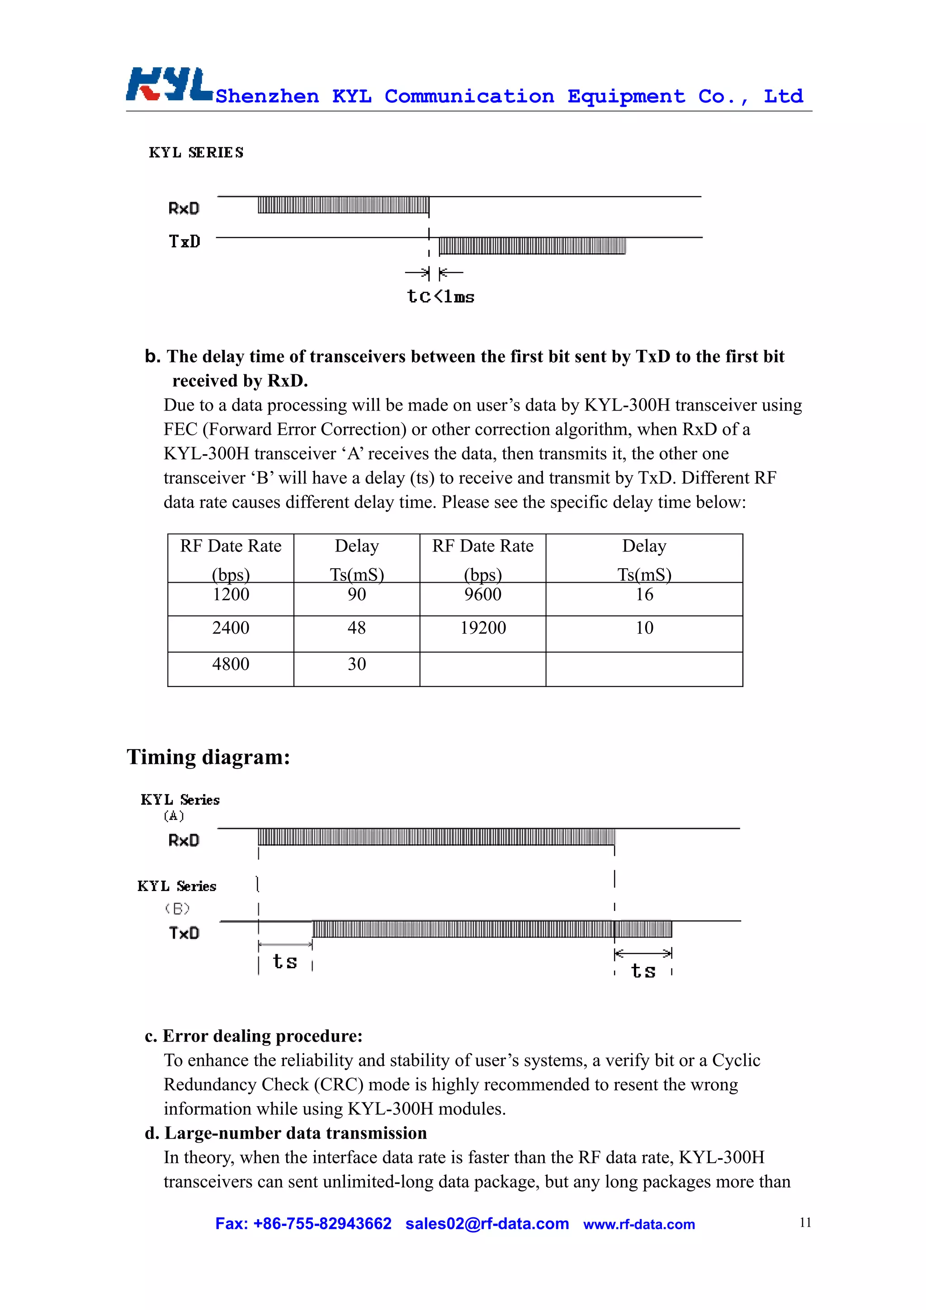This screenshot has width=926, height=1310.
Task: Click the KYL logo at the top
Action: pos(170,85)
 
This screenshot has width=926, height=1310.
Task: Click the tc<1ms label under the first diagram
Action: pos(440,297)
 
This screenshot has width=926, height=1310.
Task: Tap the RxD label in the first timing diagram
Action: pos(184,208)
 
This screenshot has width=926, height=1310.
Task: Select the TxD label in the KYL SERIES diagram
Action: pos(184,241)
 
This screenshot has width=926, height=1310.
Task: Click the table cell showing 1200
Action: pos(231,595)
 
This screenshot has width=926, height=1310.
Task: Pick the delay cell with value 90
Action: pos(357,595)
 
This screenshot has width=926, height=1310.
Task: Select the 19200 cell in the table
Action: pos(483,628)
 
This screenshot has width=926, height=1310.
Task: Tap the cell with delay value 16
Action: pos(644,595)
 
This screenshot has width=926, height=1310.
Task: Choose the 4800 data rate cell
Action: pos(231,664)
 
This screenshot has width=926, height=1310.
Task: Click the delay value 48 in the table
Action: pos(357,628)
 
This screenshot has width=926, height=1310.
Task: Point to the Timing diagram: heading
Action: pos(208,757)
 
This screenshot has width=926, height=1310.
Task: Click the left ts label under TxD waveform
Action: pos(285,962)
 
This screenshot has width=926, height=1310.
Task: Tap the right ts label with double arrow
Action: pos(643,971)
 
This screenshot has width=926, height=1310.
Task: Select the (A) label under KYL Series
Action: pos(174,816)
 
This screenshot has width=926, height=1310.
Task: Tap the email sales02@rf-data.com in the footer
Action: pos(487,1224)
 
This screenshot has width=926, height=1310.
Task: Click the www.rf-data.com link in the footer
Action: pos(638,1225)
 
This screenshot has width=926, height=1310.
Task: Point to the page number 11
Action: pos(805,1222)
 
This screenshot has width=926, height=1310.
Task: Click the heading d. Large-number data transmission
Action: pos(286,1132)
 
